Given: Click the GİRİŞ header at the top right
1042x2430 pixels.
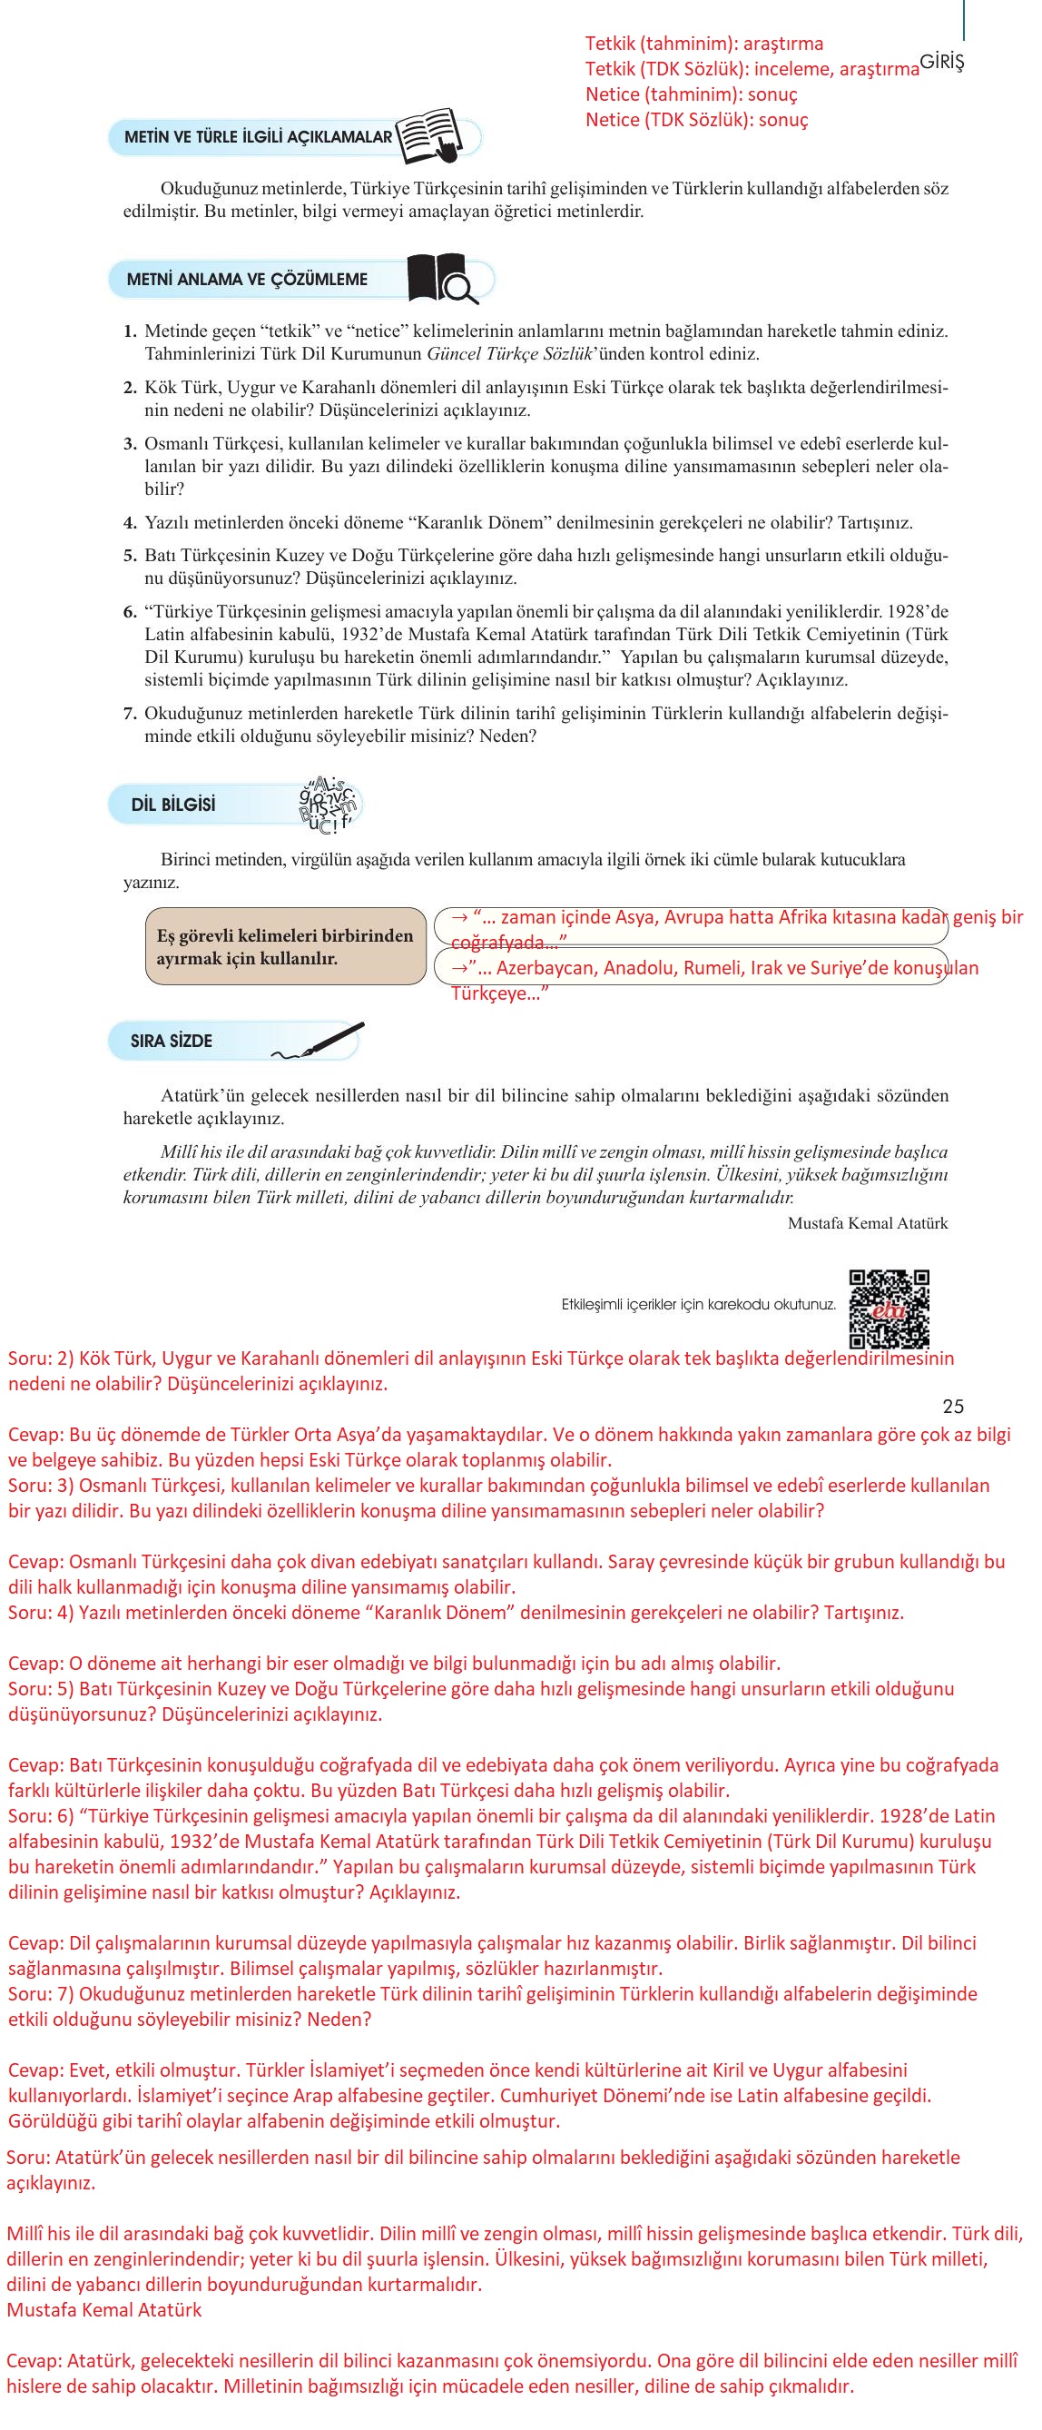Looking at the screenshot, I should point(941,63).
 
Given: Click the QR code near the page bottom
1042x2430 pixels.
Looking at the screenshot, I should point(889,1309).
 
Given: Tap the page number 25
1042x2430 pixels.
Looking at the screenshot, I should point(952,1407).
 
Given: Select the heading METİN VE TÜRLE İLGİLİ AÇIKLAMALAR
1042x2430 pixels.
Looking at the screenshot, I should point(258,137).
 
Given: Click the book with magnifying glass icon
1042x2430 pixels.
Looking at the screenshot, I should point(441,279).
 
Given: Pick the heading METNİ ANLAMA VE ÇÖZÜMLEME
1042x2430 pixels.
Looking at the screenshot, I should point(247,279).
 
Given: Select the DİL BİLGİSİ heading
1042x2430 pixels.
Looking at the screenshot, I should point(173,805).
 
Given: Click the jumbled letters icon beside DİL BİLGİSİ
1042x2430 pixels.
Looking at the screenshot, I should point(329,805).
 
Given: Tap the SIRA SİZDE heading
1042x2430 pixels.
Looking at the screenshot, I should point(171,1041).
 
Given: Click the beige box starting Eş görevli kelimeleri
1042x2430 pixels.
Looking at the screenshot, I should point(285,946).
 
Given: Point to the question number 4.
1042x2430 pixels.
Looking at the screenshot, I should point(130,523).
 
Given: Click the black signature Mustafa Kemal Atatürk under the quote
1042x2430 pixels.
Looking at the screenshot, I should point(867,1223).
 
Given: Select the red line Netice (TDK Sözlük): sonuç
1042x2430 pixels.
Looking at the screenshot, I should point(696,120).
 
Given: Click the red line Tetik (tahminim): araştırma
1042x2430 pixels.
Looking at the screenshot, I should point(703,44).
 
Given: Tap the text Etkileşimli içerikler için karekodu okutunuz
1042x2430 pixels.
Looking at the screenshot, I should point(698,1305).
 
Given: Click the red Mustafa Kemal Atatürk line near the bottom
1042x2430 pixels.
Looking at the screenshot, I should point(103,2310).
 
